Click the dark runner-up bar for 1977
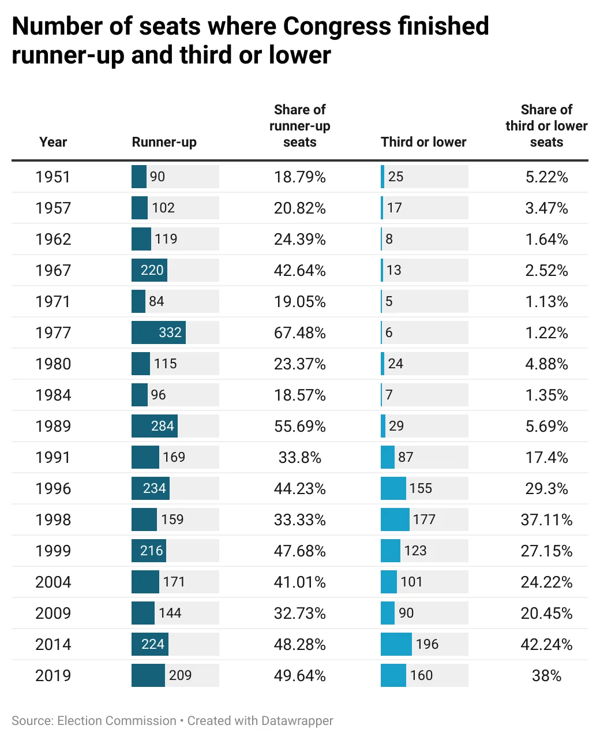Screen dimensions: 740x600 [158, 332]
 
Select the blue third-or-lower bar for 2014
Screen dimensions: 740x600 [396, 644]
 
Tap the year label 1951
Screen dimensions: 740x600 [52, 177]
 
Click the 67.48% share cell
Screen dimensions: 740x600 [299, 332]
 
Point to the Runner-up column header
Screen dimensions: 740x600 [164, 142]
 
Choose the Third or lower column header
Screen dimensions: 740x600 [423, 142]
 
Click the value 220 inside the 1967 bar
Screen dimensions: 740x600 [152, 270]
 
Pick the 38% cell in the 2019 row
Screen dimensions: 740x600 [546, 675]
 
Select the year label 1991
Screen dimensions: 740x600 [52, 457]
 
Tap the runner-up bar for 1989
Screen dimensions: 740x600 [154, 426]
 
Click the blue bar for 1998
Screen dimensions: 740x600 [395, 520]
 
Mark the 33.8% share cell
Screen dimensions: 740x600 [299, 457]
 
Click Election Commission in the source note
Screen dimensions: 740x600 [117, 720]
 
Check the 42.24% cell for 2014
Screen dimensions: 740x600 [546, 644]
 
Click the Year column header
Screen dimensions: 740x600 [52, 142]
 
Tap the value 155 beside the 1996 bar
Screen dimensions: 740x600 [420, 488]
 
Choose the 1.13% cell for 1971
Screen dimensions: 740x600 [546, 301]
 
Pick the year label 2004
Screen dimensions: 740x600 [52, 582]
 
